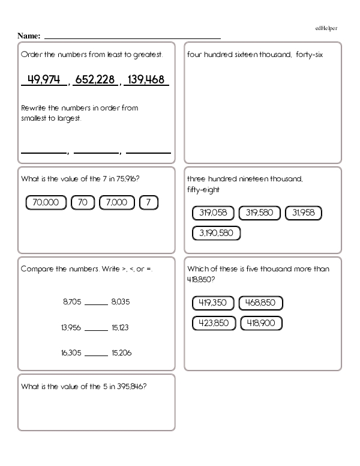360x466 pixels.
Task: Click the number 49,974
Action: (x=44, y=80)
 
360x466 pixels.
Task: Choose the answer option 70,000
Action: (x=46, y=202)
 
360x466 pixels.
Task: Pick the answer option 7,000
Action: (x=116, y=202)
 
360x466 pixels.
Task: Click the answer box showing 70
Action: (x=83, y=202)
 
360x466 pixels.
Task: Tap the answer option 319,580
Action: (x=260, y=213)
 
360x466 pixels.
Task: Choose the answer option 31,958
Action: (x=303, y=213)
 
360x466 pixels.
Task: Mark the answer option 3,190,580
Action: (x=216, y=233)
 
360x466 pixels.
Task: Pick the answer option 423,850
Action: (x=214, y=324)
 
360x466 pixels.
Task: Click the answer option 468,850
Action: (x=261, y=303)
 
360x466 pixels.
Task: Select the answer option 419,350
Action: (x=213, y=303)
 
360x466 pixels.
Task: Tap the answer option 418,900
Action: (x=261, y=324)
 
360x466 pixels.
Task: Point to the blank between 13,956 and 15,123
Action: (x=95, y=328)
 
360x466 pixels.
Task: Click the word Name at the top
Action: (x=29, y=36)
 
